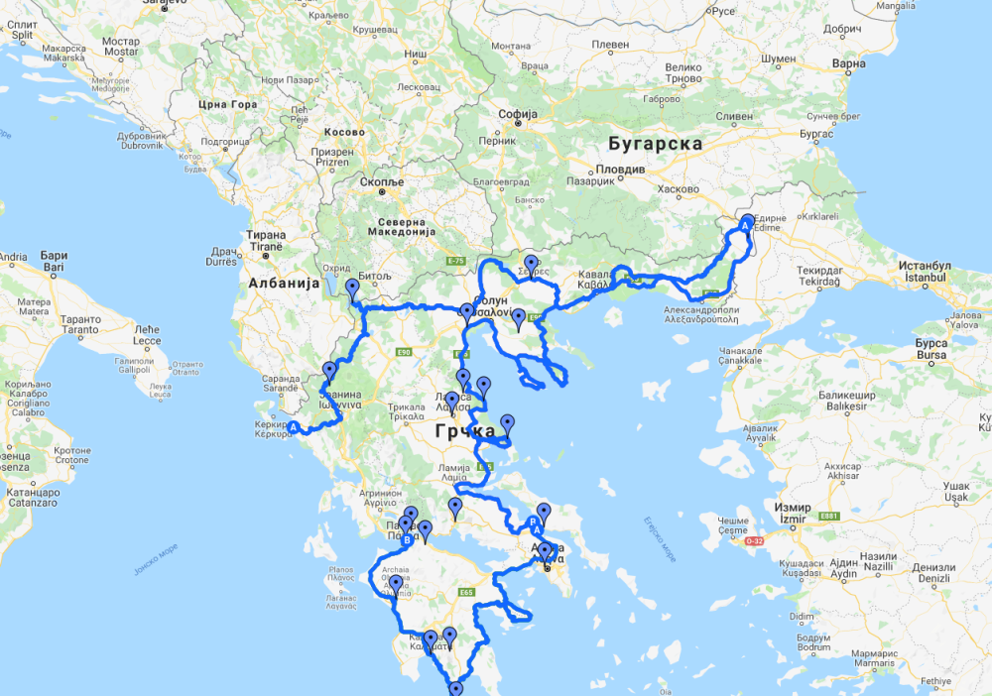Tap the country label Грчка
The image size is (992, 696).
pyautogui.click(x=464, y=431)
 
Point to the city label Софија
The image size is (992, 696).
pyautogui.click(x=518, y=114)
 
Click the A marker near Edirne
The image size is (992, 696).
pyautogui.click(x=747, y=225)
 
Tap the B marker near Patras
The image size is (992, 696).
pyautogui.click(x=406, y=540)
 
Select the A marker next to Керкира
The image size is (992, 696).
pyautogui.click(x=293, y=428)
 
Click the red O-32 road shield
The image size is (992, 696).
pyautogui.click(x=755, y=540)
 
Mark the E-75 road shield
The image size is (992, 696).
pyautogui.click(x=456, y=261)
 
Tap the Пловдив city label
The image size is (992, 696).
pyautogui.click(x=624, y=169)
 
